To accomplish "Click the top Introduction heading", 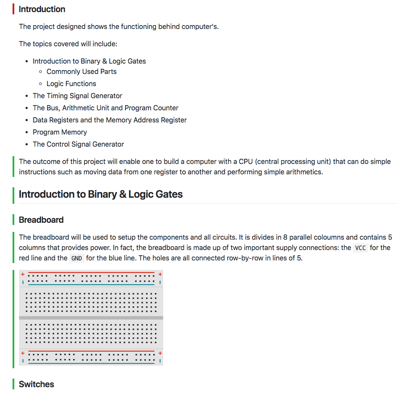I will pyautogui.click(x=42, y=9).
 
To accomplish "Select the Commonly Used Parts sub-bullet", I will pyautogui.click(x=81, y=71).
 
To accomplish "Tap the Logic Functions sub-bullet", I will pyautogui.click(x=71, y=83).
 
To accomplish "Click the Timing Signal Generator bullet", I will pyautogui.click(x=77, y=96).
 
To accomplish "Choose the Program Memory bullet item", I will pyautogui.click(x=60, y=132).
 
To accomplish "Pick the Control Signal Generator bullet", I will pyautogui.click(x=78, y=144).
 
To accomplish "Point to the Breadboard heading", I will pyautogui.click(x=41, y=220).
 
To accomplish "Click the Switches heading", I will pyautogui.click(x=36, y=384).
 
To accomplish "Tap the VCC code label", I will pyautogui.click(x=360, y=248).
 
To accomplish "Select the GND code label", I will pyautogui.click(x=76, y=258).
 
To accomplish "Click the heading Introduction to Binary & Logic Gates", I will pyautogui.click(x=100, y=194).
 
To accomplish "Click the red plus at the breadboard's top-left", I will pyautogui.click(x=23, y=274).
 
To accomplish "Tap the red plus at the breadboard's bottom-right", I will pyautogui.click(x=160, y=353).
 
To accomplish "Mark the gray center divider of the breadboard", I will pyautogui.click(x=91, y=318).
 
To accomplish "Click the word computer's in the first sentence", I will pyautogui.click(x=199, y=26).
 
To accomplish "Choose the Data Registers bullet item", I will pyautogui.click(x=110, y=120).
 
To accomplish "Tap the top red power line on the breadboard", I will pyautogui.click(x=91, y=273).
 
